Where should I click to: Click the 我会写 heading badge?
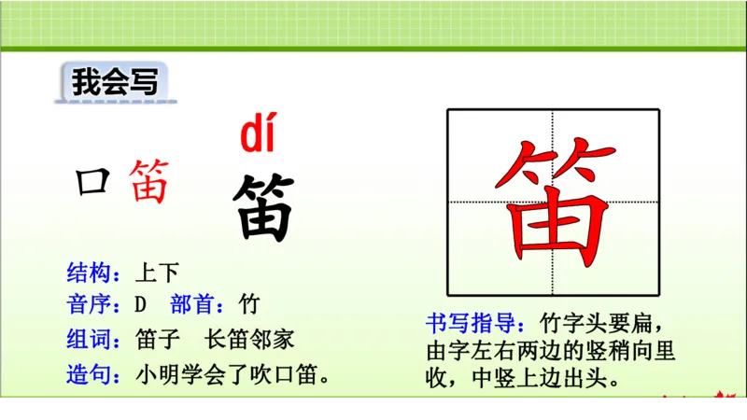113,82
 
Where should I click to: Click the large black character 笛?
263,207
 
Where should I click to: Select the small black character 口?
92,181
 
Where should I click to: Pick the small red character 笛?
149,181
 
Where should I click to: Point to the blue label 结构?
90,273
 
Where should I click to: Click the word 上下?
156,273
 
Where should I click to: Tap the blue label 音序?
90,304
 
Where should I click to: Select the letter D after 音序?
141,305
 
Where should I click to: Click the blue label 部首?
196,304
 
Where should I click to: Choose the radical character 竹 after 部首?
249,304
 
